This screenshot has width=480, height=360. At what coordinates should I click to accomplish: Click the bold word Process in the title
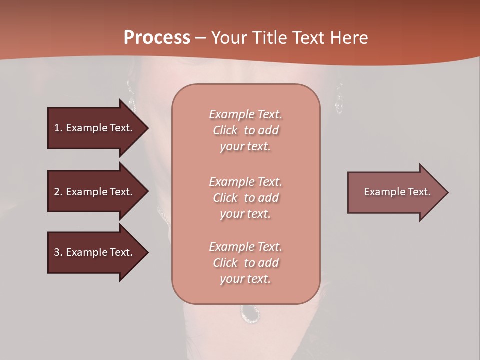(x=157, y=38)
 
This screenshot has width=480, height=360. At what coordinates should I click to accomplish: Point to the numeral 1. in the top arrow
(x=58, y=128)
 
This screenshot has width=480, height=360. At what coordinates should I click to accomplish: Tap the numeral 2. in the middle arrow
(x=58, y=192)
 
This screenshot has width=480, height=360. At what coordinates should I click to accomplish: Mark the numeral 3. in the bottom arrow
(x=58, y=252)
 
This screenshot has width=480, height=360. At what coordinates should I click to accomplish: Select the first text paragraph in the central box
(x=245, y=130)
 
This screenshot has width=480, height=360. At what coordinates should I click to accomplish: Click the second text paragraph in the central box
(x=245, y=198)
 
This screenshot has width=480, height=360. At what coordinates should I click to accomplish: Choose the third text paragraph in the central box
(x=245, y=263)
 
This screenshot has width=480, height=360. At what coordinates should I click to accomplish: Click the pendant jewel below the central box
(x=250, y=313)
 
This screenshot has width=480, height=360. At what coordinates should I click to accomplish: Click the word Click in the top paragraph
(x=225, y=130)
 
